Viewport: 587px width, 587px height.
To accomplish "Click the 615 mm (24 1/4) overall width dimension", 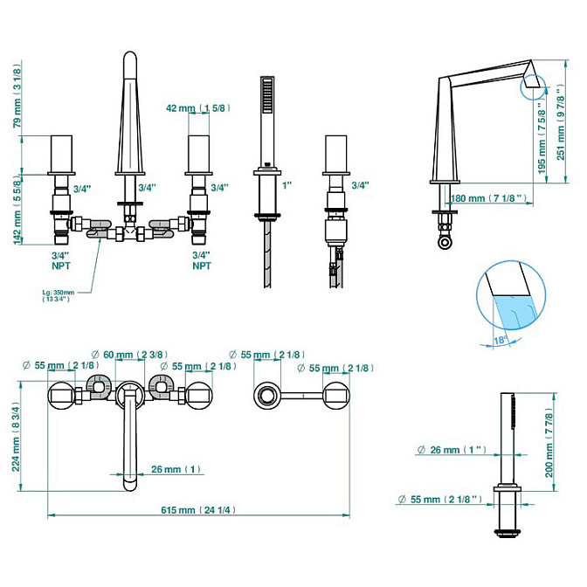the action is tap(198, 510).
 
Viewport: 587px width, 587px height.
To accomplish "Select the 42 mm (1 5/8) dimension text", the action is tap(198, 108).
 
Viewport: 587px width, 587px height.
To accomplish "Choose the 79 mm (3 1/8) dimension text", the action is tap(17, 96).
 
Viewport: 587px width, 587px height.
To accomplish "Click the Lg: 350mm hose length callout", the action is tap(58, 295).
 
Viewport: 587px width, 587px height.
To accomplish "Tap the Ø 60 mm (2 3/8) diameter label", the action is tap(129, 354).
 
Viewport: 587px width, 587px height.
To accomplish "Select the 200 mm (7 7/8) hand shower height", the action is tap(549, 443).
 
